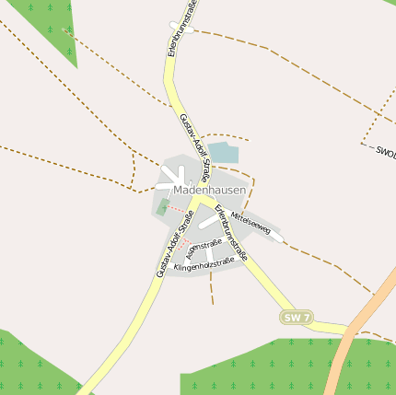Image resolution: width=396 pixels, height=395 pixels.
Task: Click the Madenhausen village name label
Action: coord(209,189)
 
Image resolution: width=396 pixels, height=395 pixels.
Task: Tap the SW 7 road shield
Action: coord(297,318)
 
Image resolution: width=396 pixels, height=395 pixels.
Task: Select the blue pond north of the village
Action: coord(222,153)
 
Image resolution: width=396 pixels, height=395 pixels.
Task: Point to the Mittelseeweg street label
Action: coord(250,224)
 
